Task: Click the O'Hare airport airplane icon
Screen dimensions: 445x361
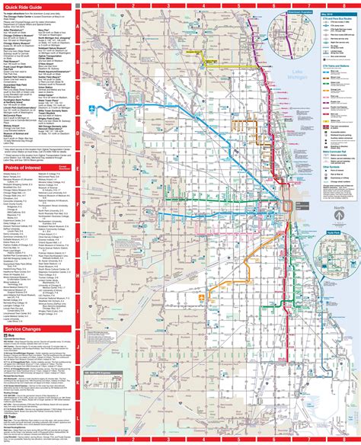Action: point(94,108)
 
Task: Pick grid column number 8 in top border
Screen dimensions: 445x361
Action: point(339,3)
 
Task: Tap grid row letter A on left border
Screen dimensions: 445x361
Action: point(78,25)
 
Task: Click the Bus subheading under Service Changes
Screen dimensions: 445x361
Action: point(13,313)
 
